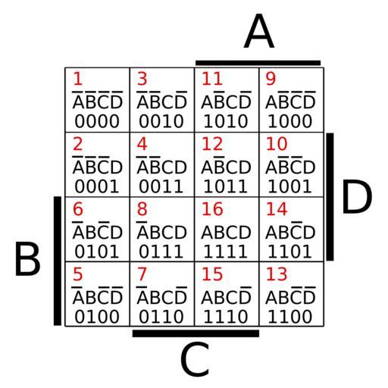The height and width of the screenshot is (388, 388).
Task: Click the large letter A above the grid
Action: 259,31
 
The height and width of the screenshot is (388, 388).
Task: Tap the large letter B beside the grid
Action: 27,258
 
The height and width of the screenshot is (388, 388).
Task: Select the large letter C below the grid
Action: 195,358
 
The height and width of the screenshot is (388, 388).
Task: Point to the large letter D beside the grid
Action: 357,196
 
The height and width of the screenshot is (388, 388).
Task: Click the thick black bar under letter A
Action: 258,63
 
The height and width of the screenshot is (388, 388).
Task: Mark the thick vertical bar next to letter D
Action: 330,197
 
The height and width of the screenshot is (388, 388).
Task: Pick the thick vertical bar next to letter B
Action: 58,261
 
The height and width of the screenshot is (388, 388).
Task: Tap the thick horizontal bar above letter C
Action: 196,333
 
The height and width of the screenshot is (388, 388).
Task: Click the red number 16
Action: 212,209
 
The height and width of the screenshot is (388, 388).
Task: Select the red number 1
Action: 78,79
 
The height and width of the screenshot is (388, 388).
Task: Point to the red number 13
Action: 277,274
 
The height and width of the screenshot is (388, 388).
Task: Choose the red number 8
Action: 142,209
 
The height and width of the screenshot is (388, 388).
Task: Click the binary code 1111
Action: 225,252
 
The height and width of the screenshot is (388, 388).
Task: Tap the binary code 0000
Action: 97,121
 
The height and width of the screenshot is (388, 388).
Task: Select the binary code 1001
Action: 289,186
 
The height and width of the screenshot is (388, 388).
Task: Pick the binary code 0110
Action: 161,317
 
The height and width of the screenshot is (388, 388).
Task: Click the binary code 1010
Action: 225,121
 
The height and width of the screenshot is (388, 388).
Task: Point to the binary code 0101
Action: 97,252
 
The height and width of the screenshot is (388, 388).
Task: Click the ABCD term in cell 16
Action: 226,233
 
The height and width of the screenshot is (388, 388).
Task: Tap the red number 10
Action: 277,144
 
